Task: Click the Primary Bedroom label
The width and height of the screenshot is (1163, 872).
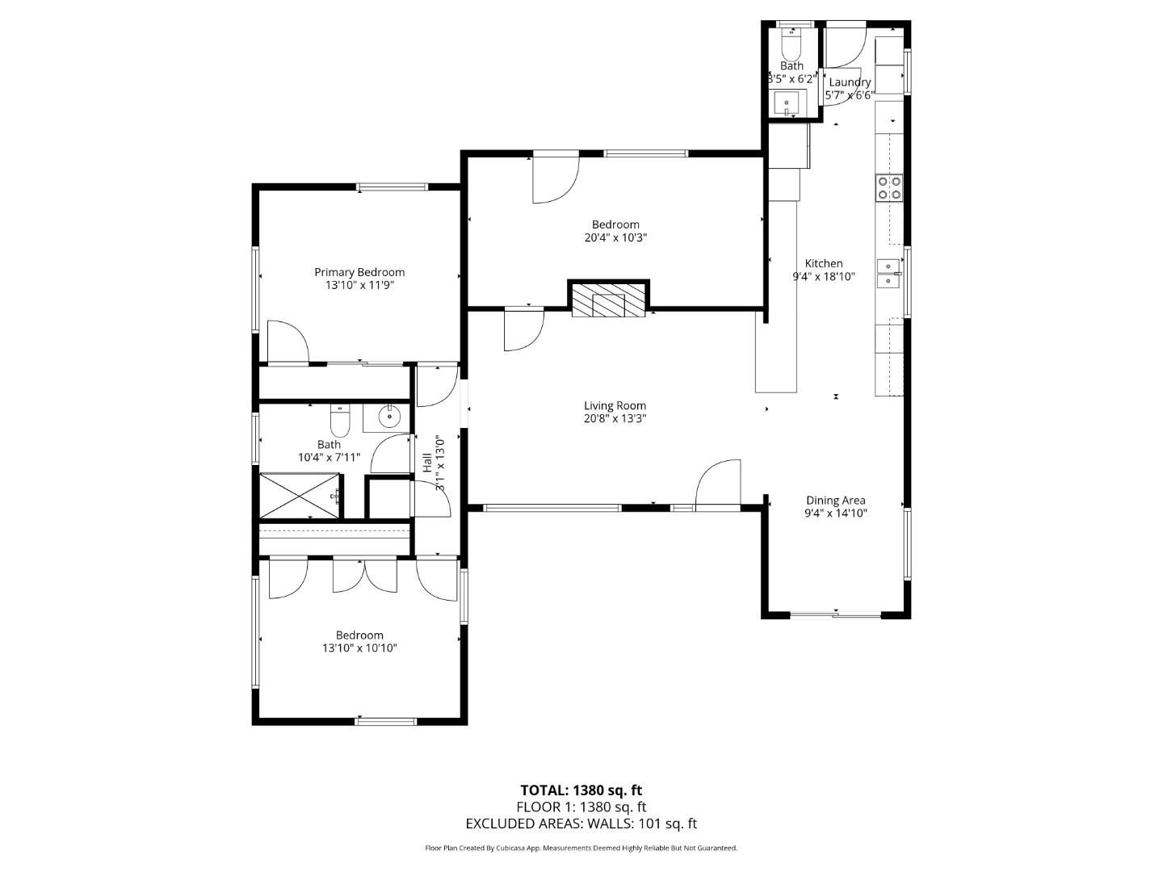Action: [359, 272]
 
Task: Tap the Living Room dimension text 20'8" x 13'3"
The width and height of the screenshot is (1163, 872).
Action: [615, 418]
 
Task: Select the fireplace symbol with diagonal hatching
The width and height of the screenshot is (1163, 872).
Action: [609, 299]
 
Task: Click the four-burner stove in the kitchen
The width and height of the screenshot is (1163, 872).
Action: [889, 188]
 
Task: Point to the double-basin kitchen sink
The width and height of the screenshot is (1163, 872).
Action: [889, 272]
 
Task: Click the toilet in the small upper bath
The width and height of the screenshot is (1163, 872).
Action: [791, 40]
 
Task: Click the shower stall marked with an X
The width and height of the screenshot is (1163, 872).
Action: [298, 495]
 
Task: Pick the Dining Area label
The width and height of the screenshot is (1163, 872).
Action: [835, 500]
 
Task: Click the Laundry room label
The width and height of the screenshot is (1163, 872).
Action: [850, 82]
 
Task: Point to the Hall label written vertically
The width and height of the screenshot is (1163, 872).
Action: [426, 463]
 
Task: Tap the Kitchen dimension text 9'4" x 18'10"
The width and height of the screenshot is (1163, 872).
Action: [823, 276]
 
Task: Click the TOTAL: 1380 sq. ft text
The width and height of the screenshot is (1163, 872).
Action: [581, 790]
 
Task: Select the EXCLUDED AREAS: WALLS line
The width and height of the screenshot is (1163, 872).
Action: [581, 824]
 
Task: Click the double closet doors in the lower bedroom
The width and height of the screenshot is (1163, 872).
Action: [364, 574]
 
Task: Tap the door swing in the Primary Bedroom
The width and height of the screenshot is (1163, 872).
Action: [288, 342]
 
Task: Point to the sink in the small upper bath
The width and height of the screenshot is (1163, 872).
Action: [787, 103]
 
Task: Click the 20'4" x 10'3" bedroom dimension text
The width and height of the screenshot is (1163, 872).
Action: [615, 237]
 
